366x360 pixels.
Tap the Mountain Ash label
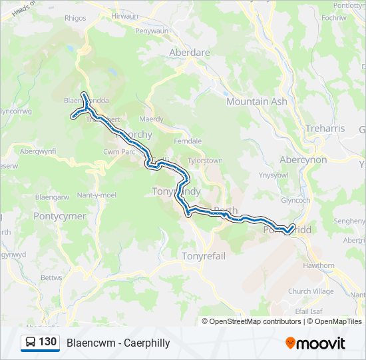pos(256,101)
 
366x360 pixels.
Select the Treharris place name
pos(324,128)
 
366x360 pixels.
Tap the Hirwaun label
pos(124,15)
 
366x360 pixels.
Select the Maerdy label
pos(151,119)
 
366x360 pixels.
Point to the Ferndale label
pos(187,141)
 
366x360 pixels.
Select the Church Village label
pos(310,291)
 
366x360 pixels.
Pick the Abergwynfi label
pos(38,151)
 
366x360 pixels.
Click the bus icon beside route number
pos(31,343)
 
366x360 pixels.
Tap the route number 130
pos(48,343)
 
